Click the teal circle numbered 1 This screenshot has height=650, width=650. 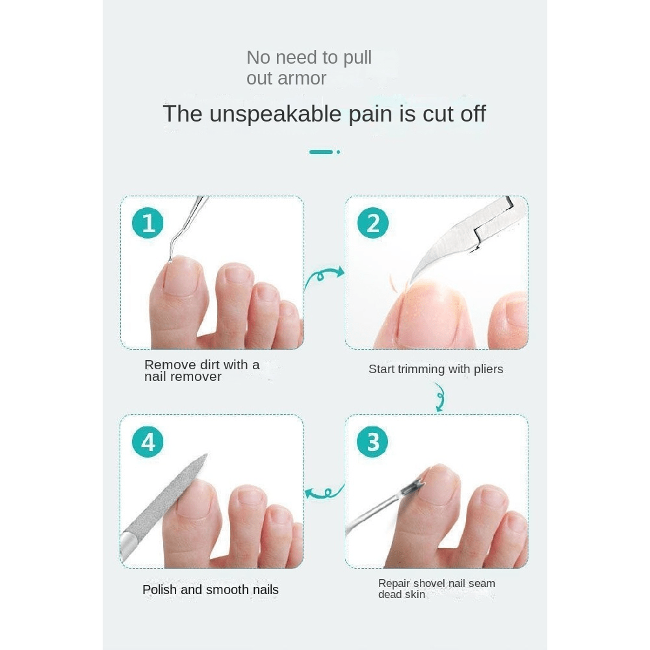[148, 223]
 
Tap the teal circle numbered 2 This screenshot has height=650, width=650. [372, 223]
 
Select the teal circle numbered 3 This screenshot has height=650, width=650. [372, 441]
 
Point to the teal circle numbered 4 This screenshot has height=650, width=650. [148, 441]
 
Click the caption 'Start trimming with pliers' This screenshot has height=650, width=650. [435, 369]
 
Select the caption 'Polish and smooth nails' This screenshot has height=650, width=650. [210, 590]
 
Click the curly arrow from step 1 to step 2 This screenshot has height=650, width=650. [324, 277]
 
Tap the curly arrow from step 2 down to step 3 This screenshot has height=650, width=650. [440, 397]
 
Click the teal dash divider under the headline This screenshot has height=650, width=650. [324, 152]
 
